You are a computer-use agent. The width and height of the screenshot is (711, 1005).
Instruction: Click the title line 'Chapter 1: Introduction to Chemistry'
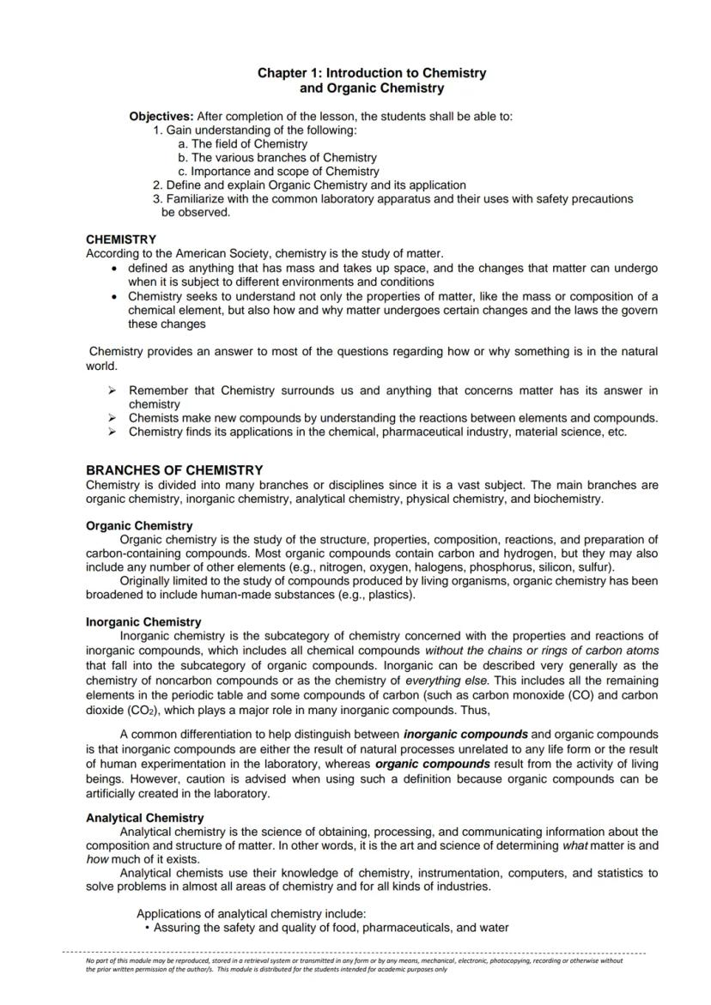[372, 73]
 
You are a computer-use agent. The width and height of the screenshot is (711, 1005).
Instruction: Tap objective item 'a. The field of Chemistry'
[242, 144]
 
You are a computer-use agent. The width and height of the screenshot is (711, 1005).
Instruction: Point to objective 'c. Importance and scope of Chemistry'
[278, 172]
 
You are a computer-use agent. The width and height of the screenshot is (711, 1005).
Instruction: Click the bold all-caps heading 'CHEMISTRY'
[121, 239]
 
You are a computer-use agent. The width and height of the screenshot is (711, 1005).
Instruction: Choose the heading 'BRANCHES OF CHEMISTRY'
[174, 470]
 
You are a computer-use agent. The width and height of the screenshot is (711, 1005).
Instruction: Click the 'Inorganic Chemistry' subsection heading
[143, 622]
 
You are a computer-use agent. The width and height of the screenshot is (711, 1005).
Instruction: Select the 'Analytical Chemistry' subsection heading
[144, 818]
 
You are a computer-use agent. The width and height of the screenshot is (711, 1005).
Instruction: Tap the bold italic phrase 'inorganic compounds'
[465, 735]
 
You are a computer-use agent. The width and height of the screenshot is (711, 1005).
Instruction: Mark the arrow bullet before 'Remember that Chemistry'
[112, 391]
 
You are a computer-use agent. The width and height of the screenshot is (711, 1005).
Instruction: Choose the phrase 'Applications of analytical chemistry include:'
[252, 914]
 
